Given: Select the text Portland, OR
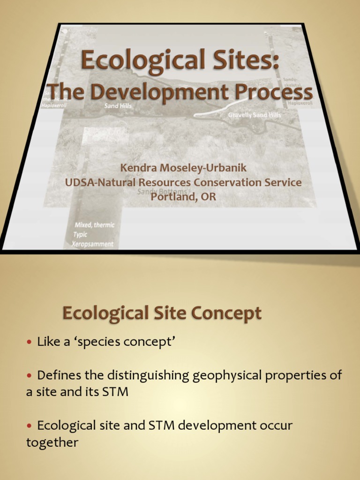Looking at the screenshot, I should click(x=183, y=197).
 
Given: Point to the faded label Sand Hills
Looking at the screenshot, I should click(x=118, y=106).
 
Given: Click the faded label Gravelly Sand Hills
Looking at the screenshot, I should click(x=255, y=115).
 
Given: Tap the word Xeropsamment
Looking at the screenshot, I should click(x=93, y=244).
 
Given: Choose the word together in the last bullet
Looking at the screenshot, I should click(x=52, y=442).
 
